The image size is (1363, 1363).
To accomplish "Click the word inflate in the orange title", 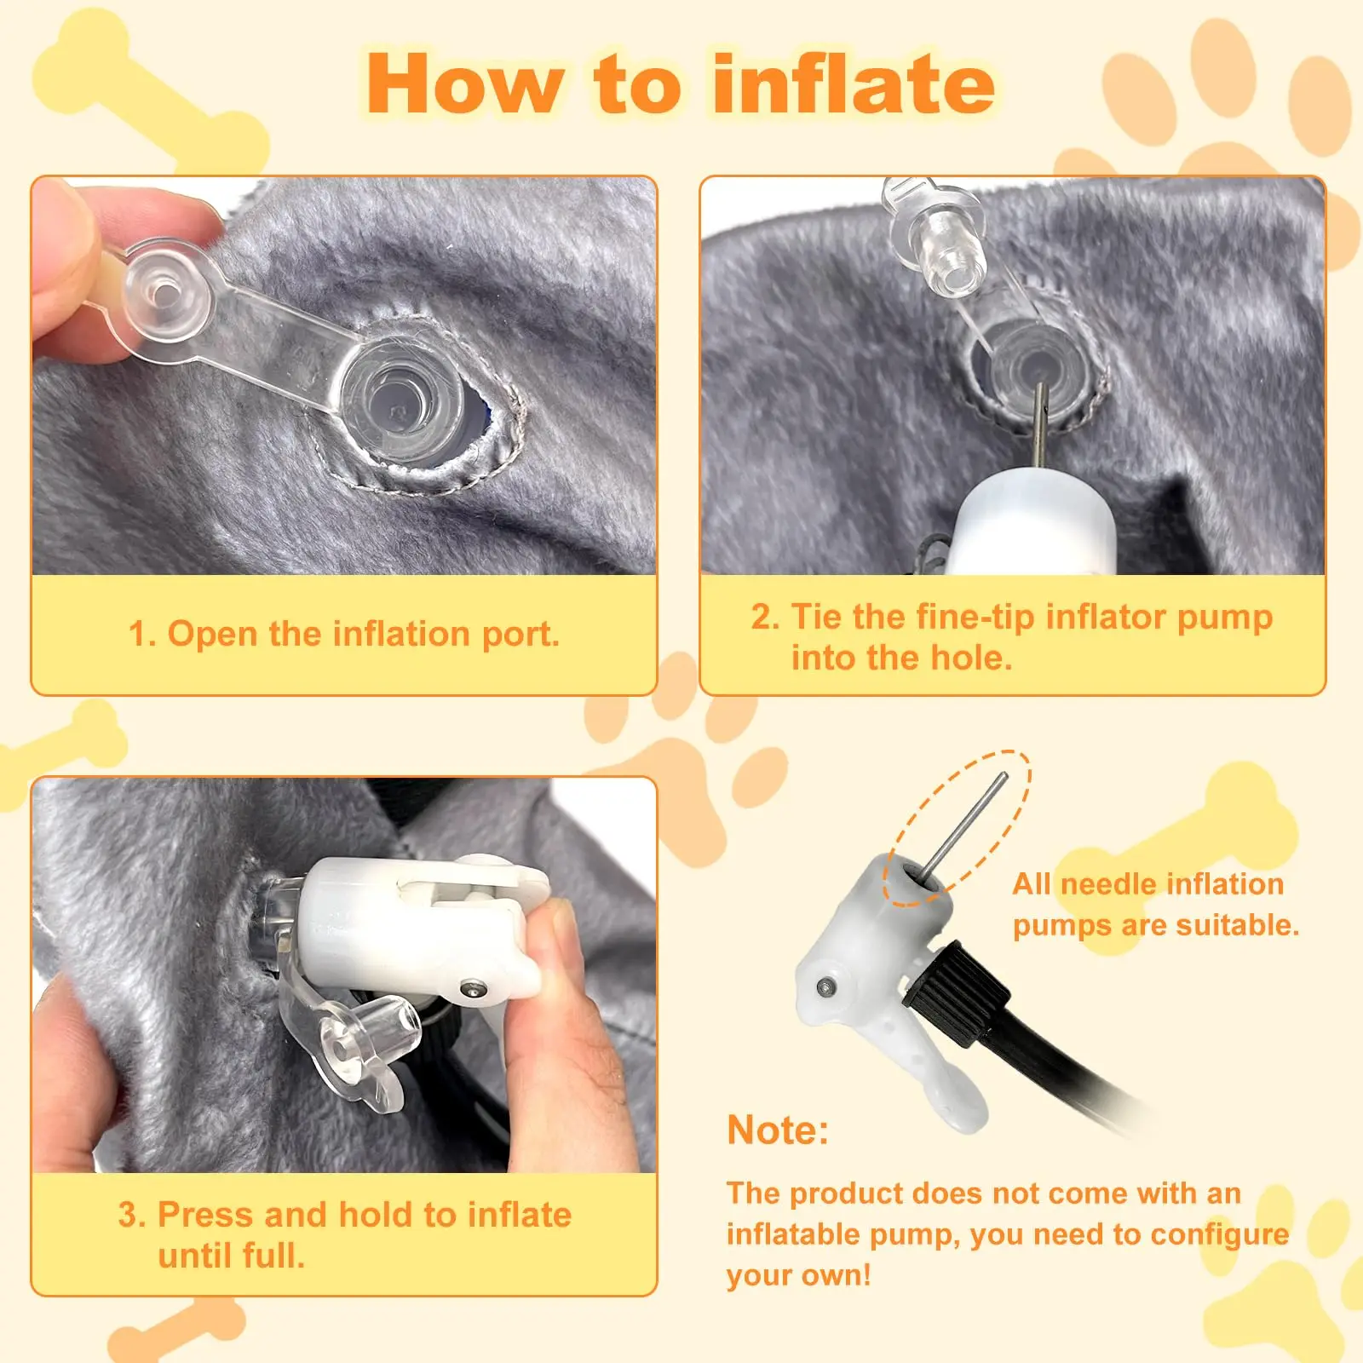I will (x=854, y=83).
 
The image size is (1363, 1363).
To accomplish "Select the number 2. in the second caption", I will (x=765, y=617).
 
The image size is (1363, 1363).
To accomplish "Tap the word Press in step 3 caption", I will (x=205, y=1215).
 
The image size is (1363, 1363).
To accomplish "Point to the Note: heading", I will (x=778, y=1130).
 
